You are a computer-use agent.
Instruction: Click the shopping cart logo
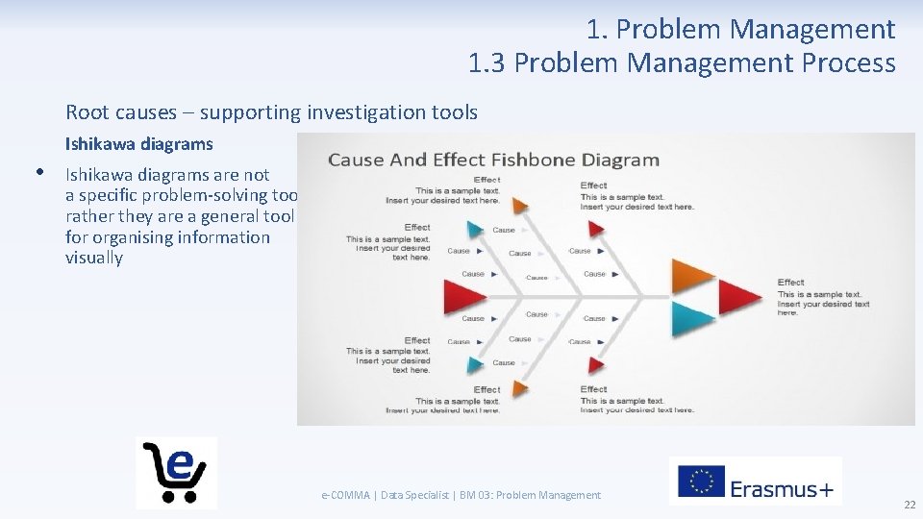pyautogui.click(x=176, y=472)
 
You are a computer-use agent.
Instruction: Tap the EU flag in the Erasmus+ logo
pyautogui.click(x=701, y=482)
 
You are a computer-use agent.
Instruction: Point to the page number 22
pyautogui.click(x=909, y=506)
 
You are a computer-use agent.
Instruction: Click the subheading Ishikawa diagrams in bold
pyautogui.click(x=139, y=144)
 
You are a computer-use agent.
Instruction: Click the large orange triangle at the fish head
pyautogui.click(x=693, y=276)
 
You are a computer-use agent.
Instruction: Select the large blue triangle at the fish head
pyautogui.click(x=693, y=318)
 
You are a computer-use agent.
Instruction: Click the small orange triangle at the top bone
pyautogui.click(x=519, y=205)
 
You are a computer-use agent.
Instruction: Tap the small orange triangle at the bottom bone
pyautogui.click(x=519, y=387)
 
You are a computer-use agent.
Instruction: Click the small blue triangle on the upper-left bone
pyautogui.click(x=474, y=229)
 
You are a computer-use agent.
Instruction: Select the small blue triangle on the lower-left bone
pyautogui.click(x=474, y=364)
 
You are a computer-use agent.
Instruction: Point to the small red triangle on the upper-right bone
pyautogui.click(x=596, y=229)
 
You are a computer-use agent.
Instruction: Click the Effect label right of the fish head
pyautogui.click(x=790, y=282)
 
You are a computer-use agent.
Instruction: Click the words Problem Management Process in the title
pyautogui.click(x=704, y=63)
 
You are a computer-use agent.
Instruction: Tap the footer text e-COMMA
pyautogui.click(x=347, y=495)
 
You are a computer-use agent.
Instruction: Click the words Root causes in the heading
pyautogui.click(x=121, y=112)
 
